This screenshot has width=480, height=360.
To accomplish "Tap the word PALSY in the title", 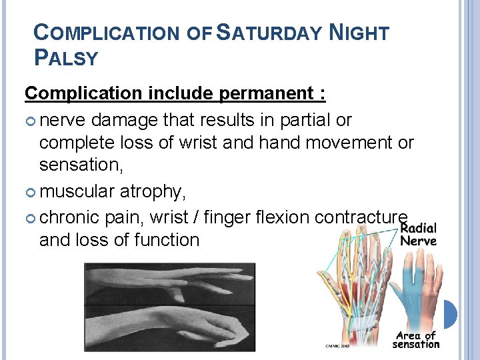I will tap(65, 58).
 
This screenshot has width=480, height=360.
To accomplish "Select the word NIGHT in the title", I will tap(359, 33).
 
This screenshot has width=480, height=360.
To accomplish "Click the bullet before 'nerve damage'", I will tap(31, 121).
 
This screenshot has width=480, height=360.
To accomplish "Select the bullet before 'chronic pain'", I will tap(31, 217).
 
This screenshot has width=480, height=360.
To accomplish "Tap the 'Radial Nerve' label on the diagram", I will tap(418, 234).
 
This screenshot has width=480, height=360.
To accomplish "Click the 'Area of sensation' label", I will tap(416, 340).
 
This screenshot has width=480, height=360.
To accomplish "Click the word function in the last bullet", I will tap(167, 240).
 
